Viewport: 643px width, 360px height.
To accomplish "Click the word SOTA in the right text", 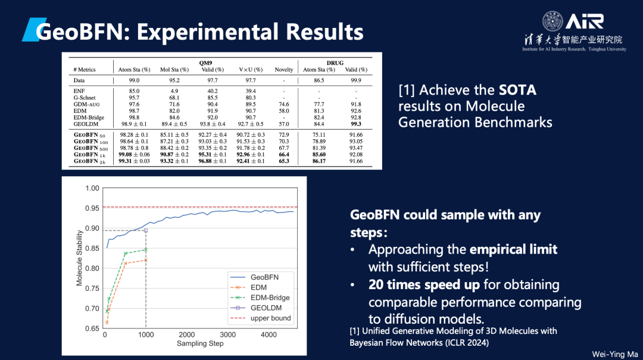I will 517,90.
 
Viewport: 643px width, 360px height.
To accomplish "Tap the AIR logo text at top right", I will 585,22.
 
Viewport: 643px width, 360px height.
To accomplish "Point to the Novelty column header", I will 283,70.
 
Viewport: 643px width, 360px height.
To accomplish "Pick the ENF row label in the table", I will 79,91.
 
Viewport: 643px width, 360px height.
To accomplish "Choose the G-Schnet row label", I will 85,98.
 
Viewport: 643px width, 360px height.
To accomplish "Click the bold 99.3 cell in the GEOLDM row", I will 356,124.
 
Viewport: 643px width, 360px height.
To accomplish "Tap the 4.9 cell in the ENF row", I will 174,91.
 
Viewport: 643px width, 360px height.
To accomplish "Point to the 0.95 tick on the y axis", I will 91,208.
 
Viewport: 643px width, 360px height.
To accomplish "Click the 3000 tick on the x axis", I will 227,335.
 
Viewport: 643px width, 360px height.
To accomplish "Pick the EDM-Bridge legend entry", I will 270,298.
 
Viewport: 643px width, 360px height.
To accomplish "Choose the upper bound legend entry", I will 270,318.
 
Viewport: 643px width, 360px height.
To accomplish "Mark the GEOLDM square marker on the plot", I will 146,230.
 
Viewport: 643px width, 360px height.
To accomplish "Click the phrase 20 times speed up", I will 424,284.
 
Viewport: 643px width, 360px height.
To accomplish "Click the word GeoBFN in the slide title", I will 80,32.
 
